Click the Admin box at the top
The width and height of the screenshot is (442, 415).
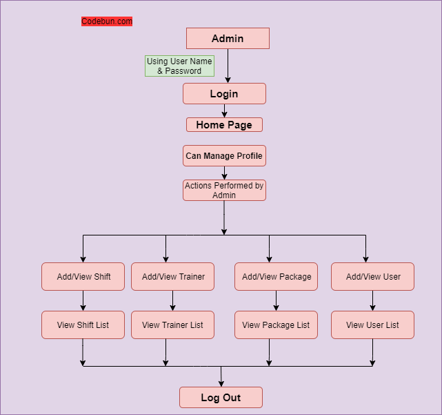coord(228,39)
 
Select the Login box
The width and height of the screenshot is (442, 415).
coord(224,94)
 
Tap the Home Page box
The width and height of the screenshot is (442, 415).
coord(224,125)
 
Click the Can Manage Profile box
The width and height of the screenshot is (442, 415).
coord(224,156)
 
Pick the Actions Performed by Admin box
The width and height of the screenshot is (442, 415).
coord(224,190)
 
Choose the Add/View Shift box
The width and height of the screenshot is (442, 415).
coord(83,276)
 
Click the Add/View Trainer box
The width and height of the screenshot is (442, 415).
coord(172,276)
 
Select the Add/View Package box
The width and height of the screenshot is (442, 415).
coord(276,276)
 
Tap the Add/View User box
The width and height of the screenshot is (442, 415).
coord(372,276)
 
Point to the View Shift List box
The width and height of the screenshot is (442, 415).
coord(83,325)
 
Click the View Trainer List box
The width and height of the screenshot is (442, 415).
coord(172,325)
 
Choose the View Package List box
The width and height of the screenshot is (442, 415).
coord(276,325)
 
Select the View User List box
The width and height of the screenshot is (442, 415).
coord(372,325)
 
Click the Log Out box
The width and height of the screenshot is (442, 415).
coord(221,398)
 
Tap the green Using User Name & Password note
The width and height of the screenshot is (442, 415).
coord(179,66)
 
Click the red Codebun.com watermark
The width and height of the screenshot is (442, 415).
coord(107,21)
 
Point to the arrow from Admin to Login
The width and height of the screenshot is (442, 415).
coord(228,66)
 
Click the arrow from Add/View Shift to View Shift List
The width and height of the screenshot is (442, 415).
coord(83,301)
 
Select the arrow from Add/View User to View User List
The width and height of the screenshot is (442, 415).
coord(372,301)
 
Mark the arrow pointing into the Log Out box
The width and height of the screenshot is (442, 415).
coord(221,377)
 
